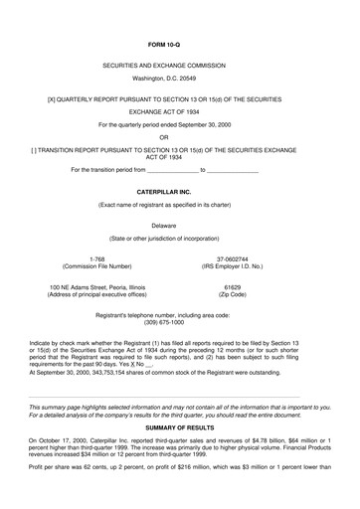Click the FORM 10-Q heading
pos(179,47)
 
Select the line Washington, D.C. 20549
pos(179,78)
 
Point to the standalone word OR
pos(179,138)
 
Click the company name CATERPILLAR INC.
pos(179,189)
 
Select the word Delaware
pos(179,225)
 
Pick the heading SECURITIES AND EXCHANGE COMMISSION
pos(179,64)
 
